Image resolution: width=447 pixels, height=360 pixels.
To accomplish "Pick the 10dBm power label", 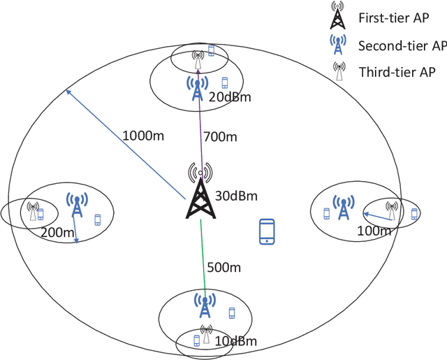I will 235,342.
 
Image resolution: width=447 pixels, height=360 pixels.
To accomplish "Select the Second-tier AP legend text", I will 402,46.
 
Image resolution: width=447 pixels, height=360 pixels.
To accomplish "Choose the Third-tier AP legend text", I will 397,71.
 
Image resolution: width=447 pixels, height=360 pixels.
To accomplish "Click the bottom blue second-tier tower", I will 204,305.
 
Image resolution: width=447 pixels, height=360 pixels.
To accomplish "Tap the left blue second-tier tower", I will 76,205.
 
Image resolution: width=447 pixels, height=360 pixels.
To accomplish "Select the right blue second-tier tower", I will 343,207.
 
